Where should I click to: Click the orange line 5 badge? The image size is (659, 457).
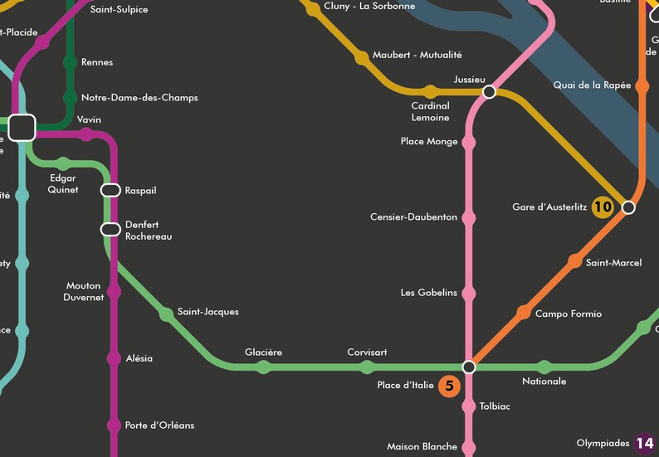point(449,386)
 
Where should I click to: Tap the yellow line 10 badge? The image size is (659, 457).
point(603,207)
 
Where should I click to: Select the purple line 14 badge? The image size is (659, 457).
point(645,444)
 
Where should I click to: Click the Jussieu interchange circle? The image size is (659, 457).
point(490,92)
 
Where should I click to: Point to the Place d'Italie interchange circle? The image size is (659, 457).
point(469,367)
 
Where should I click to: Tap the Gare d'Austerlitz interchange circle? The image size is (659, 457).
point(628,207)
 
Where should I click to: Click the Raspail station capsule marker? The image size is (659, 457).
point(110,191)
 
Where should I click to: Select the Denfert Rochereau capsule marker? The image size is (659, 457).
point(110,230)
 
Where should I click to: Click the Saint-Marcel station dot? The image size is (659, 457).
point(574,262)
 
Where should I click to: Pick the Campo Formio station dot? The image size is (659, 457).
point(523,313)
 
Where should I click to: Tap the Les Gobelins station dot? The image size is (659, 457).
point(469,293)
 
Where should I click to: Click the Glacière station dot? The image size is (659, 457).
point(264,367)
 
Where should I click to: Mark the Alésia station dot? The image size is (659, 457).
point(114,358)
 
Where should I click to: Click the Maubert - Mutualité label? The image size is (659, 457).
point(417,55)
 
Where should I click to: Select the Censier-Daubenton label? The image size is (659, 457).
point(413,217)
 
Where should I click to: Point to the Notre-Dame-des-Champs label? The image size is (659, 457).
point(139,98)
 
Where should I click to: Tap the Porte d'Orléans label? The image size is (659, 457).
point(159,425)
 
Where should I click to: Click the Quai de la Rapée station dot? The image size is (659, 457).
point(642,85)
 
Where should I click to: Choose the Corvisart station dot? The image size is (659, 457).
point(367,367)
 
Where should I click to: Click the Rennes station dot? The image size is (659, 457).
point(70,62)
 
